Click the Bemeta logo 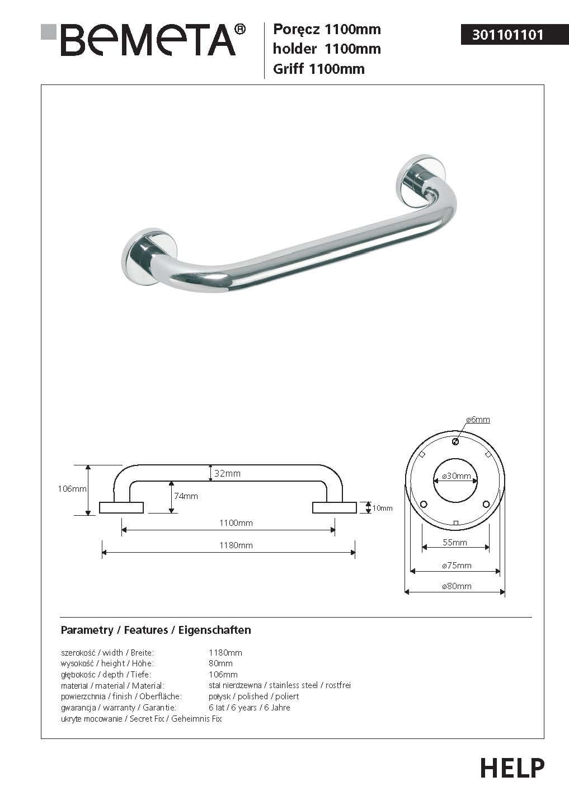143,40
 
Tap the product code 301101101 507,35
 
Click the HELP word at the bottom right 512,768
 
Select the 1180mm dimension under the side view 236,545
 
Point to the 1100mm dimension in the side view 236,523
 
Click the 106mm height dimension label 72,489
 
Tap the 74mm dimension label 186,496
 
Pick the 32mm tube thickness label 228,474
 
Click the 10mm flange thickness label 383,509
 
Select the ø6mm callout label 478,420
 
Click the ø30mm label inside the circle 456,476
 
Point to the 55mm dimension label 455,542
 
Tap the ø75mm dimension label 457,566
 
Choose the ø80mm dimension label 457,586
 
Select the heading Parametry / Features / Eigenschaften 156,630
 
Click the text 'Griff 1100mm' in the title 318,69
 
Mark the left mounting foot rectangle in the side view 121,507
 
